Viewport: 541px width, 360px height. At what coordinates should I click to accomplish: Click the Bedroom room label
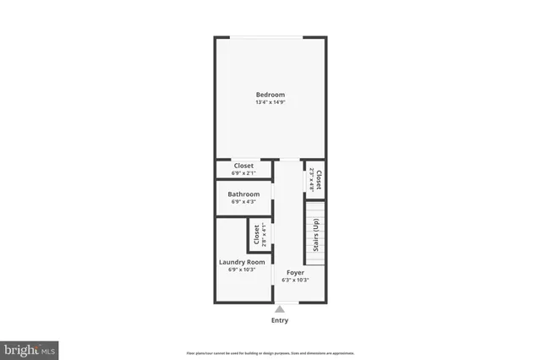point(270,95)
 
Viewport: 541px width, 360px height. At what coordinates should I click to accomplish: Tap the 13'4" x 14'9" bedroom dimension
point(270,103)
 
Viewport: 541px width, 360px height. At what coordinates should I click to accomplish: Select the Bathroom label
point(243,194)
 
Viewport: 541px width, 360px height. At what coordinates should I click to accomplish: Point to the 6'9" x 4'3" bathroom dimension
point(243,202)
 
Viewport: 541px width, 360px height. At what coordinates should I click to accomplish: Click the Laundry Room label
point(242,262)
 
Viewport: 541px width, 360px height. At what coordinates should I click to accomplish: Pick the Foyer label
point(295,272)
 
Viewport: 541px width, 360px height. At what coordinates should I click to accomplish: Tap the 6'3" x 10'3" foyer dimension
point(295,281)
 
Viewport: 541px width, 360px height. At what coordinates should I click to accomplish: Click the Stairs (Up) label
point(315,236)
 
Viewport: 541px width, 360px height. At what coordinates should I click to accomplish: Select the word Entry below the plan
point(280,320)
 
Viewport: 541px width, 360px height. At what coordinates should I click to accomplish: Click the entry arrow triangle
point(280,309)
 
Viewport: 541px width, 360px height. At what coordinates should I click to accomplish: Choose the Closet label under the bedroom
point(243,166)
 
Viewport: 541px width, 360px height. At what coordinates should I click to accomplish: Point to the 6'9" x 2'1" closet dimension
point(243,173)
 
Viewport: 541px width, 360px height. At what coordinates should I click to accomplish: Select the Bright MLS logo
point(30,349)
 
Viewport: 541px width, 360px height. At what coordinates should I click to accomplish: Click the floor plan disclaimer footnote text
point(270,353)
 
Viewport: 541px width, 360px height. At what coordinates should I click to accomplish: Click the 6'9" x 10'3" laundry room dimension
point(242,270)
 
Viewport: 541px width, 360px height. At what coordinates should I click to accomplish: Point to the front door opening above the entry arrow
point(280,303)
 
